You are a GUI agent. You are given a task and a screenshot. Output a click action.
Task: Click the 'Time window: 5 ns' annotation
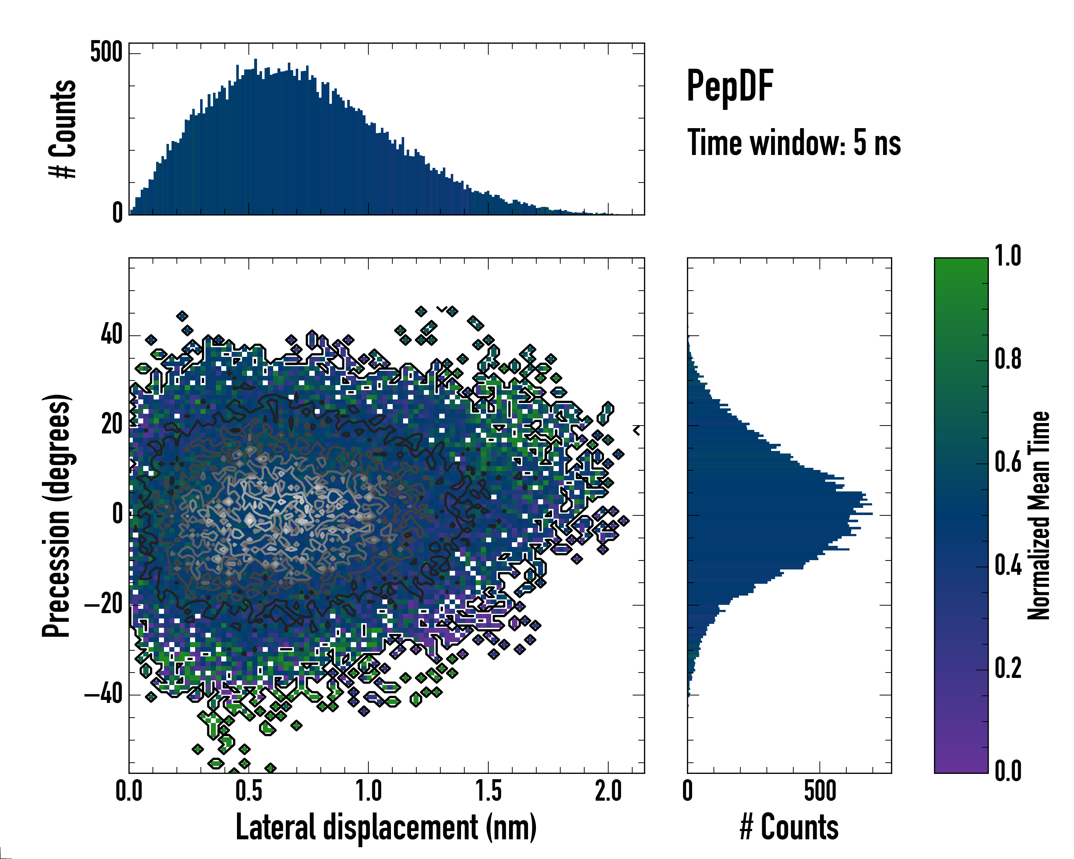(x=794, y=143)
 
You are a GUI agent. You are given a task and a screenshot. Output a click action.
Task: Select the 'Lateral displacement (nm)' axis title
(x=386, y=828)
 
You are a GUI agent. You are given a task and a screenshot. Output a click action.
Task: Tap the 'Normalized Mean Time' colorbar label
(x=1039, y=515)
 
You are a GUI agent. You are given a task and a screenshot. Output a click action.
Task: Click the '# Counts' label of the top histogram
(x=63, y=128)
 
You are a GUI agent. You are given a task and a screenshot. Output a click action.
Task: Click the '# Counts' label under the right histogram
(x=789, y=828)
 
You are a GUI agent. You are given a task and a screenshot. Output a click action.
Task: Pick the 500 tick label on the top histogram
(x=106, y=52)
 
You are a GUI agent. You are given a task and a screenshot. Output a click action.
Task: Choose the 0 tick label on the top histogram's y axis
(x=117, y=213)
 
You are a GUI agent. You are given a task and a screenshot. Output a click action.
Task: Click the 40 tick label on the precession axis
(x=112, y=334)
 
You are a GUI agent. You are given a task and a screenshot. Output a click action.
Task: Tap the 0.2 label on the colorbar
(x=1008, y=668)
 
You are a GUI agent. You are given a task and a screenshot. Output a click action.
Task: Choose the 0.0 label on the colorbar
(x=1008, y=771)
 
